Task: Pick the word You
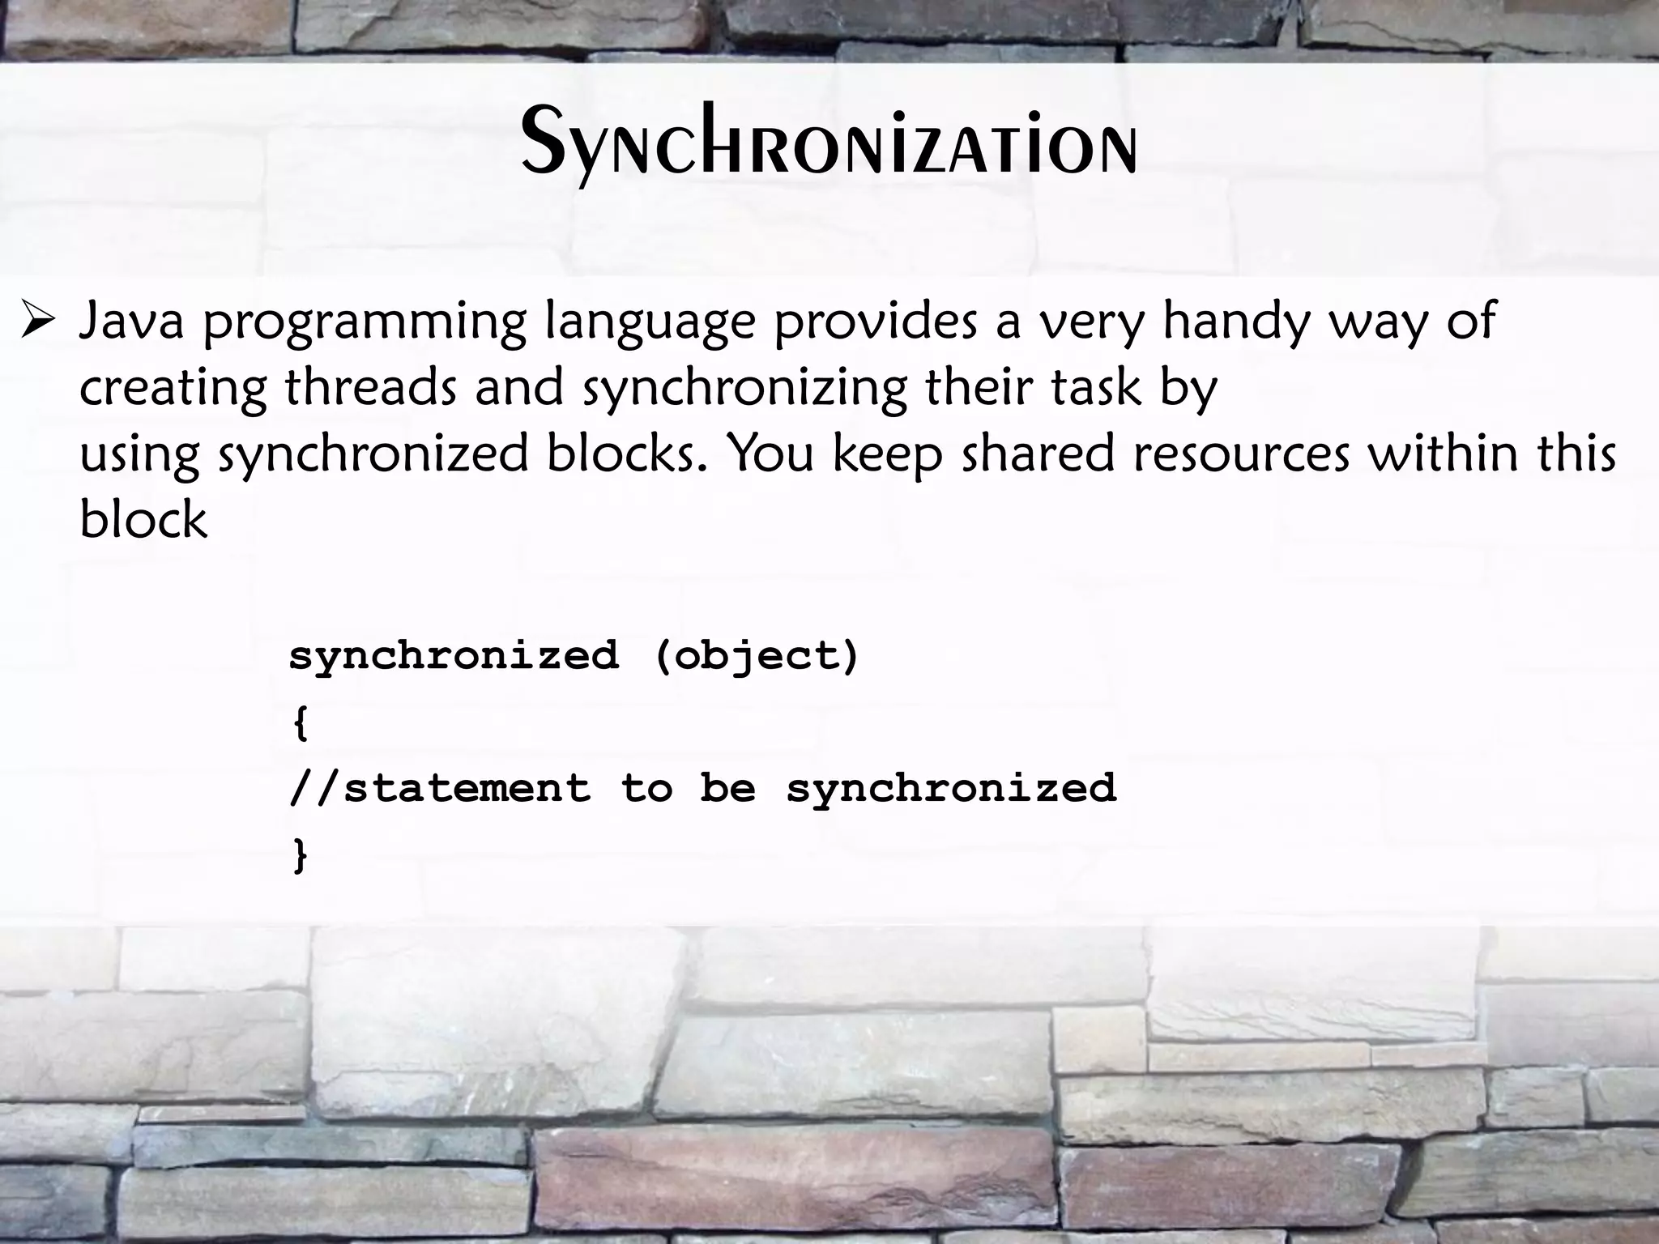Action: pos(770,454)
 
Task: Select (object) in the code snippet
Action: pos(757,656)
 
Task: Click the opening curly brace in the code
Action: pos(301,722)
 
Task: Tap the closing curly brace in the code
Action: pos(301,854)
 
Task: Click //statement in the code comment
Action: pos(440,788)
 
